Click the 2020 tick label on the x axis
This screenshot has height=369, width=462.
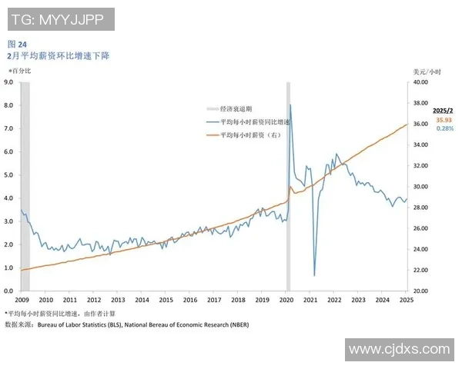point(286,300)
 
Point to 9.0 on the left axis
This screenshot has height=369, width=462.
point(8,81)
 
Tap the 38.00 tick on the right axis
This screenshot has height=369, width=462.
point(420,103)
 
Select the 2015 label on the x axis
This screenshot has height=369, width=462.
point(166,300)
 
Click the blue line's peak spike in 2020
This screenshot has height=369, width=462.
point(290,105)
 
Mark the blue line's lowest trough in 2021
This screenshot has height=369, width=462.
point(315,274)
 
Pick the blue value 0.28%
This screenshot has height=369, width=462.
point(444,128)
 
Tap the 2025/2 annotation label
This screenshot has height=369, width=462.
point(444,111)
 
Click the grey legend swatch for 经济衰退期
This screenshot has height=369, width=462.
point(212,109)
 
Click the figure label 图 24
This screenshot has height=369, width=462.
point(16,44)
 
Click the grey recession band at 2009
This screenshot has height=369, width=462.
point(25,184)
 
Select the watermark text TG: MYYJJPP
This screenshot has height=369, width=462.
point(60,18)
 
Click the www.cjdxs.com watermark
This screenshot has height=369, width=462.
point(399,349)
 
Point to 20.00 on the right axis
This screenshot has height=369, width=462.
point(420,291)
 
